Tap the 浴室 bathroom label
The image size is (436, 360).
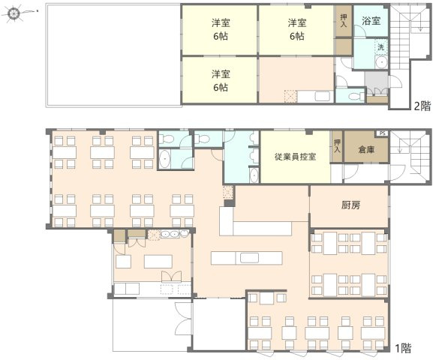tap(371, 20)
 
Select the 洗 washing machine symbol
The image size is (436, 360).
tap(380, 47)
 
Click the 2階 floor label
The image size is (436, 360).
tap(422, 106)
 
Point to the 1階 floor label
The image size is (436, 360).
tap(403, 348)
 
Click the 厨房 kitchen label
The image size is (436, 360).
tap(351, 205)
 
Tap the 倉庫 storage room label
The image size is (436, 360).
tap(366, 149)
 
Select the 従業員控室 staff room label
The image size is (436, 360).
tap(295, 157)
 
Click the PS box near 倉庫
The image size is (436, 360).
tap(382, 133)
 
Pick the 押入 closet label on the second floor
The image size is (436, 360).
tap(344, 20)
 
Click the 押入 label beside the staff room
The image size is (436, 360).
tap(337, 146)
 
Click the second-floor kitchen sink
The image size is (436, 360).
tap(322, 97)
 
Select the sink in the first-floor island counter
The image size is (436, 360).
tap(249, 258)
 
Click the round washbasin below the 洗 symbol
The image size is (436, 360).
tap(380, 62)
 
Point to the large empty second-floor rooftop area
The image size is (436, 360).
tap(113, 55)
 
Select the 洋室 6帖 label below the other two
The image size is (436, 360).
tap(221, 80)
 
